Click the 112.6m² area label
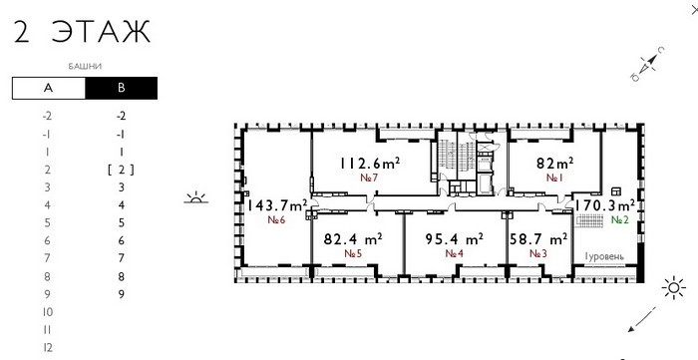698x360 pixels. (x=370, y=164)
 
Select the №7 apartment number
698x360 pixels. (x=369, y=178)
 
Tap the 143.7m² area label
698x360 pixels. (x=277, y=205)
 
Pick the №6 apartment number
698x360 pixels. (x=276, y=219)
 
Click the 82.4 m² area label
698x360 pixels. (x=353, y=239)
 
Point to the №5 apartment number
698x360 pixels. (x=353, y=253)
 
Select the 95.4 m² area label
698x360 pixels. (x=455, y=239)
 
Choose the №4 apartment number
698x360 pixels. (x=455, y=253)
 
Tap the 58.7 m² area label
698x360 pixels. (x=538, y=239)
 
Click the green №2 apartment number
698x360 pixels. (x=620, y=219)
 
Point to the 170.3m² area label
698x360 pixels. (x=605, y=205)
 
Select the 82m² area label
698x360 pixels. (x=554, y=164)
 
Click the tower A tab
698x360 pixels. (x=49, y=88)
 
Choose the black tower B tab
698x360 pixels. (x=121, y=88)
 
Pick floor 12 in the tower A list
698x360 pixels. (x=47, y=348)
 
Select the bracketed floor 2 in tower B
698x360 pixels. (x=121, y=170)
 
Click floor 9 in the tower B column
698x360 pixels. (x=121, y=294)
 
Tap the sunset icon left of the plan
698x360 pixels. (x=195, y=197)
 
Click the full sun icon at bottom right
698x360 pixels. (x=673, y=288)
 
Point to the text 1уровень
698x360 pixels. (x=604, y=256)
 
